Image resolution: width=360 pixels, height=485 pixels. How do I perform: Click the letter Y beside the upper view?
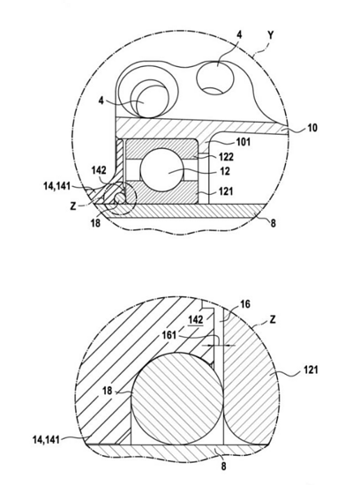[271, 35]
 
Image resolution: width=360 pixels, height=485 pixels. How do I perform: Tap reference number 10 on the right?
[312, 127]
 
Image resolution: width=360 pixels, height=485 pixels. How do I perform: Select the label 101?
[244, 142]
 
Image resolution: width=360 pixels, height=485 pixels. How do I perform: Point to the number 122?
[226, 157]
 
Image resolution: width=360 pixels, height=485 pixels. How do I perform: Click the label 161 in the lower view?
[169, 335]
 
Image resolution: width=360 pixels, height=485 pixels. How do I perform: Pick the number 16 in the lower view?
[244, 304]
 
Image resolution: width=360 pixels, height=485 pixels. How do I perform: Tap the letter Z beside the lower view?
[272, 319]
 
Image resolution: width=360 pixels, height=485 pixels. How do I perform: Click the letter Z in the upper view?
[72, 206]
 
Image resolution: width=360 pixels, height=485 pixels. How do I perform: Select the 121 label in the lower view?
[311, 369]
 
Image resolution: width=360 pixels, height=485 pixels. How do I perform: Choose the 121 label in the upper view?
[226, 191]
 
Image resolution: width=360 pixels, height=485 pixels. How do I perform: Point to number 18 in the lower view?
[107, 391]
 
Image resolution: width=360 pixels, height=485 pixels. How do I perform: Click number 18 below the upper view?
[95, 222]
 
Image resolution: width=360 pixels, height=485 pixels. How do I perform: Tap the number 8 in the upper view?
[273, 223]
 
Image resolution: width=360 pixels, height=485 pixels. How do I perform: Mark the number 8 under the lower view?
[223, 466]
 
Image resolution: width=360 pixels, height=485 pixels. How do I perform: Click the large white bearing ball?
[162, 170]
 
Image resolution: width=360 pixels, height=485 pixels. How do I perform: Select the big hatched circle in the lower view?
[177, 399]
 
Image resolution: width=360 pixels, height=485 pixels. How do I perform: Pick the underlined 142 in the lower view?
[196, 320]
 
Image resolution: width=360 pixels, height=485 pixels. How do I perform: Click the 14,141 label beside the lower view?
[46, 439]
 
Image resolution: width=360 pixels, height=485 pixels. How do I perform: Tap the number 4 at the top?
[239, 34]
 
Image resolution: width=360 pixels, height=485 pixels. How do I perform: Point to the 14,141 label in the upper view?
[56, 186]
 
